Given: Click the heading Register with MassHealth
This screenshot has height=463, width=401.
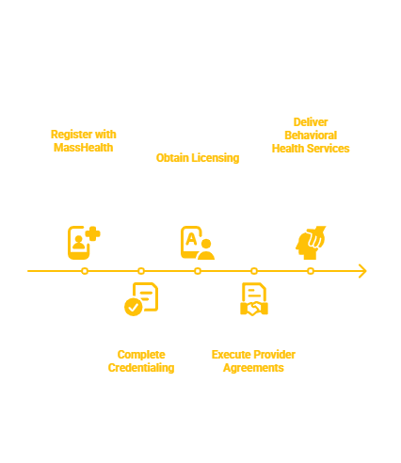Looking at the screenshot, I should [x=85, y=141].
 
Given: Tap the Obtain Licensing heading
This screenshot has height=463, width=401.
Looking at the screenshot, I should [x=198, y=157].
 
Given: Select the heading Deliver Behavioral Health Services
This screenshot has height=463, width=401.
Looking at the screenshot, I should [x=311, y=135].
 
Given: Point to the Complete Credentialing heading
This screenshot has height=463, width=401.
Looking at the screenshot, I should [x=141, y=360].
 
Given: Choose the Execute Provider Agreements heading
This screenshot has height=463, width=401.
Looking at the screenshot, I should [x=254, y=360].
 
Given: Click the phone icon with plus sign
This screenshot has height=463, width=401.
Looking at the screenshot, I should [x=84, y=242].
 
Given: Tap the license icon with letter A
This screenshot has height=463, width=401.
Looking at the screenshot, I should [x=198, y=242].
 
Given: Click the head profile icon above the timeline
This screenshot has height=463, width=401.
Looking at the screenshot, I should [x=310, y=242].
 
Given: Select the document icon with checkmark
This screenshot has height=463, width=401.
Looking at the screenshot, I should [x=141, y=300].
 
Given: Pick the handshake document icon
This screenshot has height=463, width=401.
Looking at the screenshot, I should [x=254, y=300].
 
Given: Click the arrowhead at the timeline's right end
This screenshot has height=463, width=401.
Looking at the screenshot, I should [x=362, y=271].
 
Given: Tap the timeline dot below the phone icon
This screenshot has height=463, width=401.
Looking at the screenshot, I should [x=85, y=271].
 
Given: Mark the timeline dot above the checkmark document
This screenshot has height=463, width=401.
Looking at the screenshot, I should [x=141, y=271].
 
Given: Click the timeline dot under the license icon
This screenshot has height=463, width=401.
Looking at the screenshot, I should [x=198, y=271].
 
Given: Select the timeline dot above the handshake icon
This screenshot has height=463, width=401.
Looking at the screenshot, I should [x=254, y=271].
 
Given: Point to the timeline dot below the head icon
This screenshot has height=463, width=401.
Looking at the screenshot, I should [x=311, y=271].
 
